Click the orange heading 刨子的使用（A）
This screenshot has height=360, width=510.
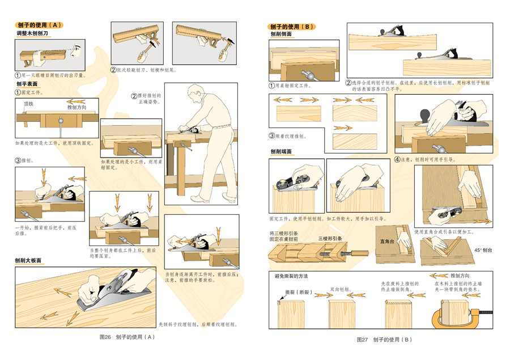point(39,25)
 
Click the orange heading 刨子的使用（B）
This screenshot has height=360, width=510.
point(292,27)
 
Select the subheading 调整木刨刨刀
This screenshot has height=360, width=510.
point(33,35)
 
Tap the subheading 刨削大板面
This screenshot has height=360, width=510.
point(28,260)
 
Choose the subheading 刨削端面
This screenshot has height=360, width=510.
point(282,151)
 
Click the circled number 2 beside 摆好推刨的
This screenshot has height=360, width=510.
point(134,96)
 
